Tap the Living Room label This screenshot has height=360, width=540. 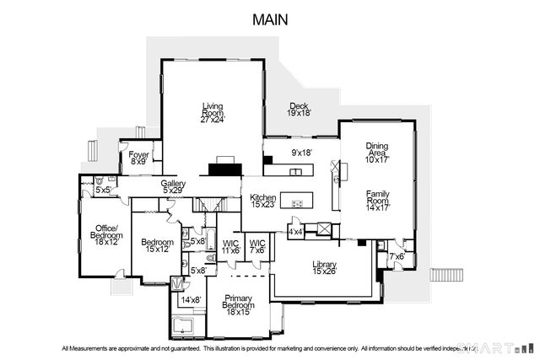tap(212, 112)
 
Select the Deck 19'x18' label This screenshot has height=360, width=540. tap(299, 107)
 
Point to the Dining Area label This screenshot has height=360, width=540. tap(376, 151)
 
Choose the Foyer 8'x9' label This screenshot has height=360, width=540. tap(138, 158)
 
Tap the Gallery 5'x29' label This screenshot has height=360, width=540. tap(173, 186)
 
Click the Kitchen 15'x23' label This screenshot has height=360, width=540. tap(263, 201)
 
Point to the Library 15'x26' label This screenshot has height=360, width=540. tap(324, 267)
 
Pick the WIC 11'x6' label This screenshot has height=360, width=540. tap(231, 247)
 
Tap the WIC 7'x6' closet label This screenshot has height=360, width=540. tap(257, 247)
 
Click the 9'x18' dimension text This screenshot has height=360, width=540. tap(302, 153)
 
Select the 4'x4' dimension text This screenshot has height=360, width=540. tap(295, 230)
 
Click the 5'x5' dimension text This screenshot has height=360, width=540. tap(103, 191)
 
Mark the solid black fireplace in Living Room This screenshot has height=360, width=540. tap(225, 169)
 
